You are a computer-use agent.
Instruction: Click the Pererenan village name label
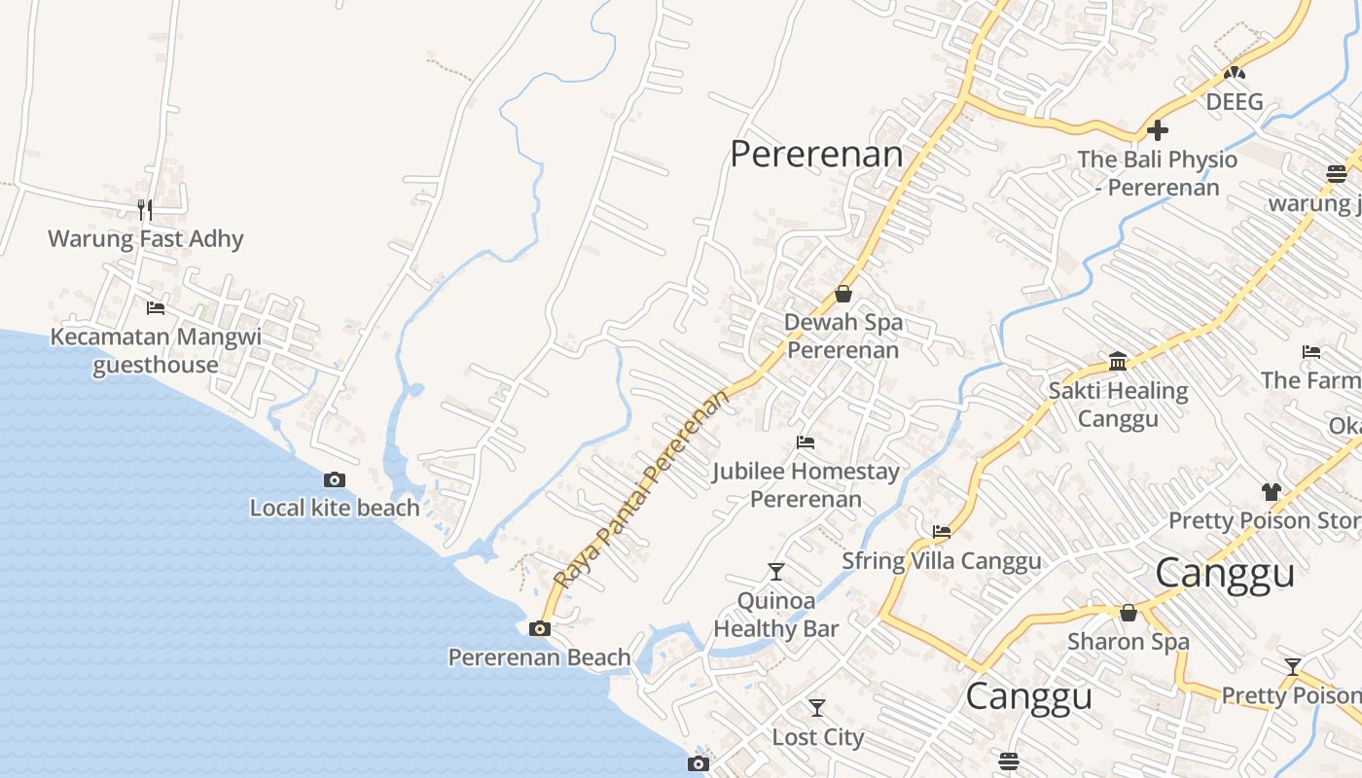click(x=816, y=154)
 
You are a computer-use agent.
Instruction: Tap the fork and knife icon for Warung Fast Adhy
click(x=145, y=209)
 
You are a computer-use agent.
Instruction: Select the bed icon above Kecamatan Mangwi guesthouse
click(x=156, y=308)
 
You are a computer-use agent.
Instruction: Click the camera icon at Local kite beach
click(x=335, y=479)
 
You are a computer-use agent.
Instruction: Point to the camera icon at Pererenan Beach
click(x=540, y=628)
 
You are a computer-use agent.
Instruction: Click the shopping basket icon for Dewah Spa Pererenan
click(x=843, y=294)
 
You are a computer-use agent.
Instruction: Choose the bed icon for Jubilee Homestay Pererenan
click(x=806, y=442)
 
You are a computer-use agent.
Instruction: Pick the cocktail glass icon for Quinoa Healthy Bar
click(x=776, y=571)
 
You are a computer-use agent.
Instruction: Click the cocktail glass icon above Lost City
click(x=817, y=708)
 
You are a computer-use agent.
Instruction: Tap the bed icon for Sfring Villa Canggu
click(x=942, y=532)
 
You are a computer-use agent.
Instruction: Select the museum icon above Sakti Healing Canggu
click(x=1118, y=362)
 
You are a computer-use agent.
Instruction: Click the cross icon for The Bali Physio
click(x=1158, y=130)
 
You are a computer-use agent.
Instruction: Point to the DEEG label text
click(x=1235, y=101)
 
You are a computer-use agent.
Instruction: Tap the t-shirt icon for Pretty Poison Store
click(x=1272, y=491)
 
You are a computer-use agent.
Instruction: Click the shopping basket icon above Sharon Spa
click(x=1129, y=613)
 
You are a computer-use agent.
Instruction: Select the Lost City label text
click(x=817, y=737)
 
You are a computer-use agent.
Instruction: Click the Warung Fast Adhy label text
click(x=146, y=238)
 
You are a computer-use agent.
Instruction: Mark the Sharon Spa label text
click(x=1129, y=642)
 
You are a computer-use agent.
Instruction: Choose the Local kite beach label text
click(x=335, y=508)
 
